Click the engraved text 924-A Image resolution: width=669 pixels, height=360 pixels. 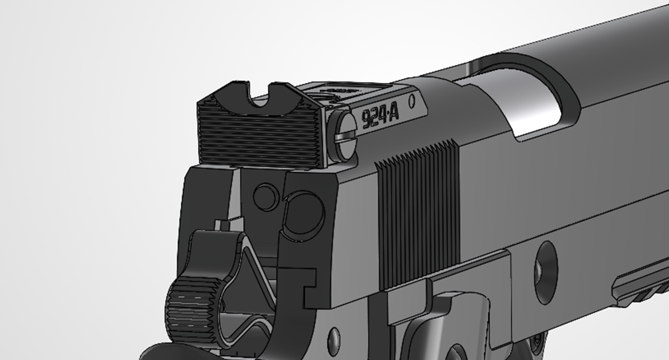[x=380, y=117]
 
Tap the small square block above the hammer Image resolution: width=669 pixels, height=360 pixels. [x=222, y=225]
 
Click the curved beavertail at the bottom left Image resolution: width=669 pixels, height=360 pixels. [x=154, y=353]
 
